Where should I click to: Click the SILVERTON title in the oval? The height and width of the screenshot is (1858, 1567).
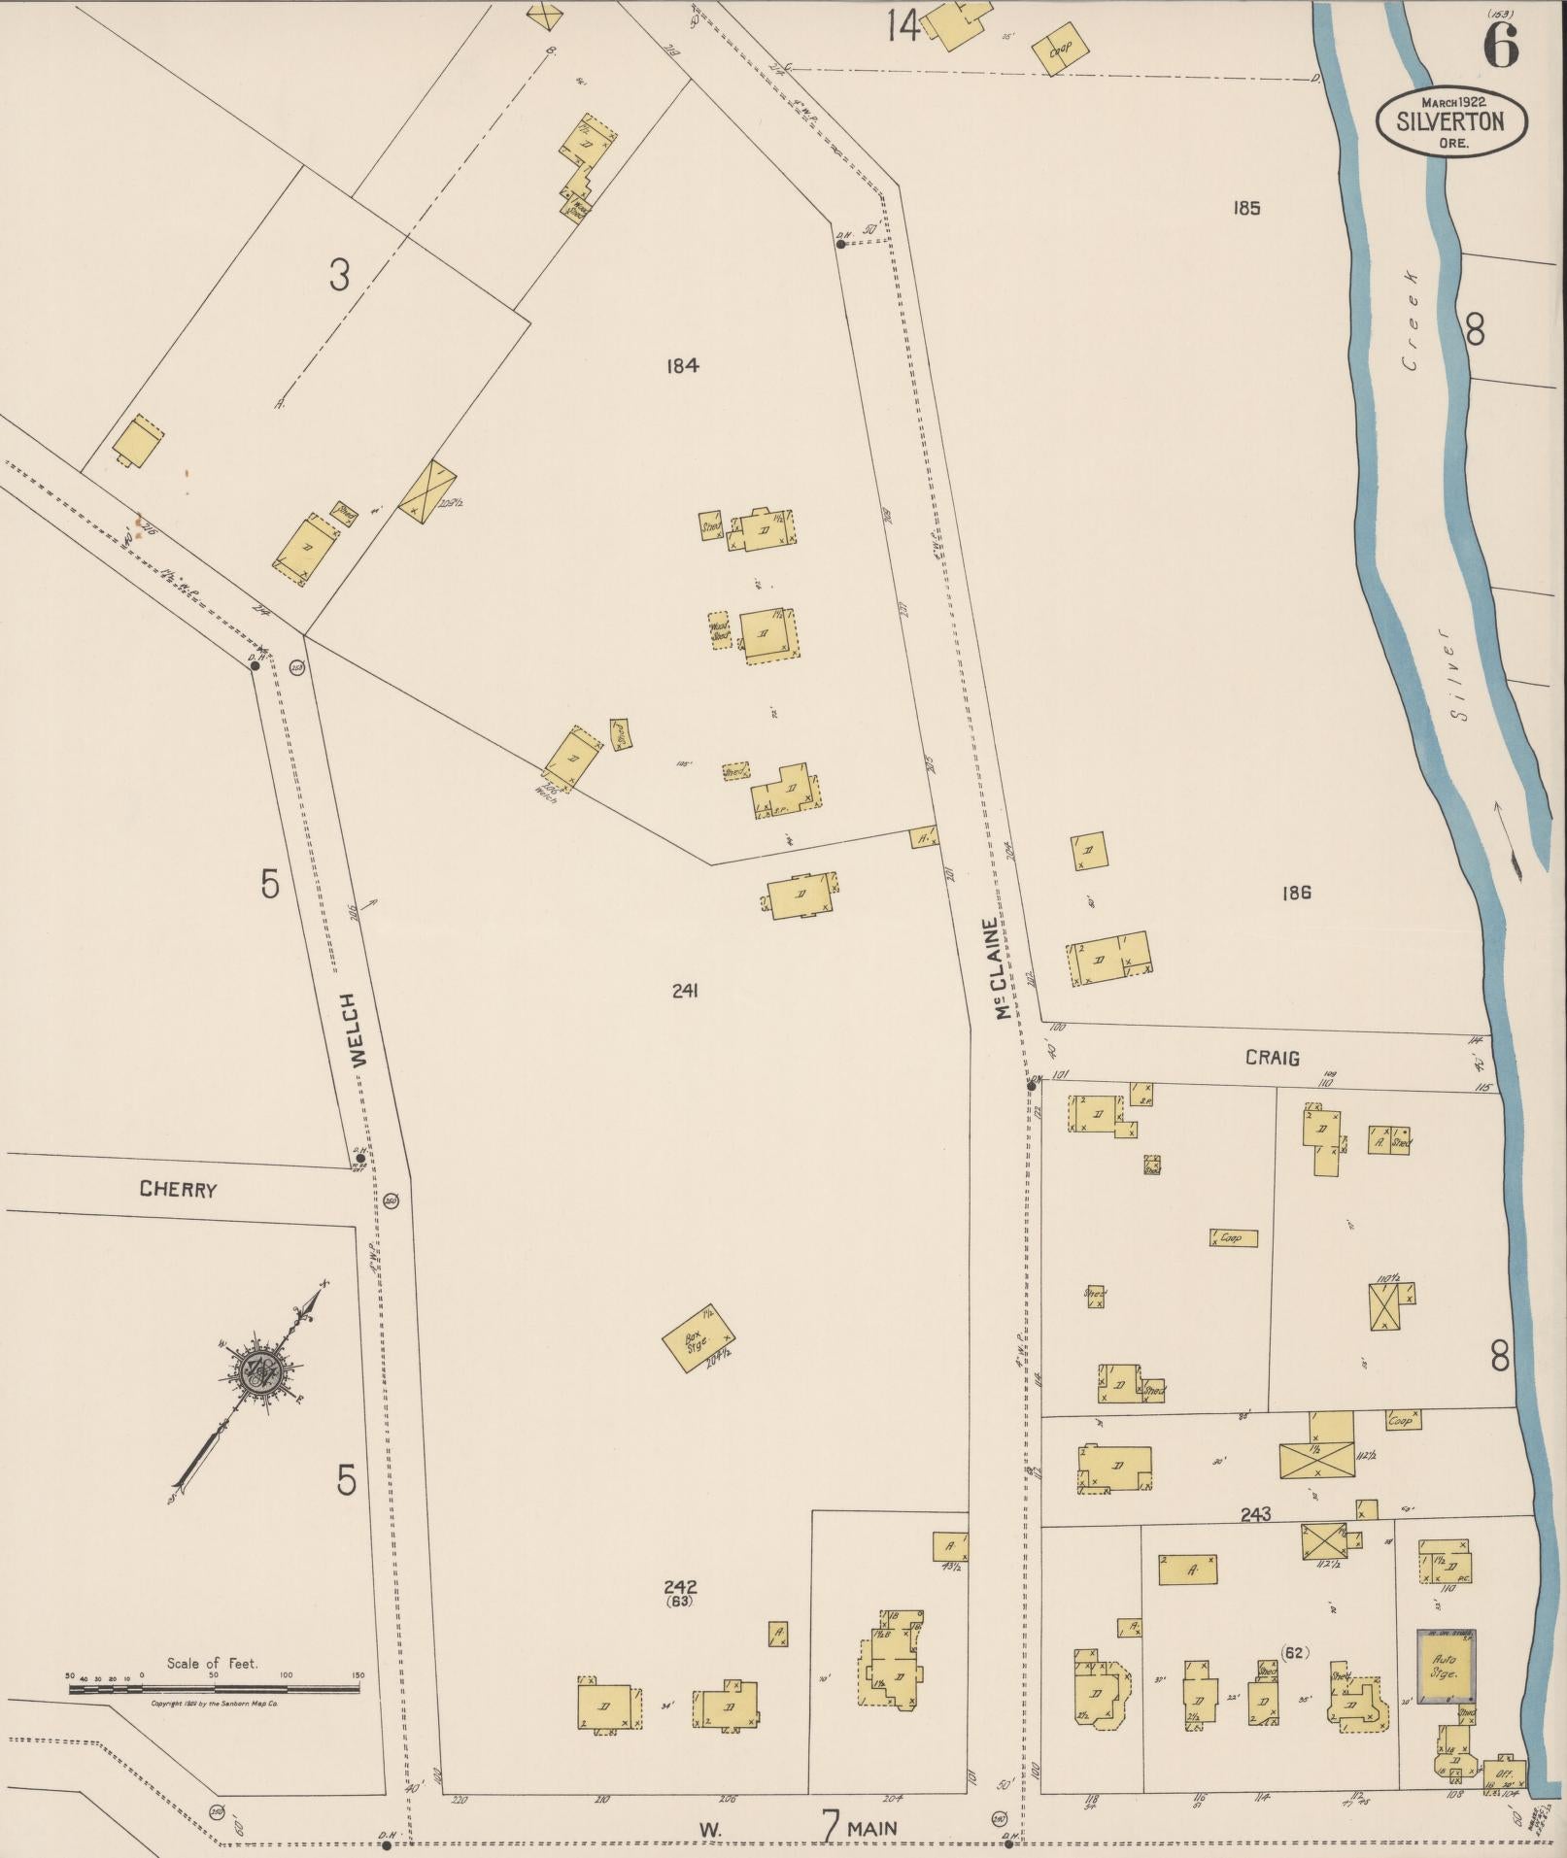point(1450,122)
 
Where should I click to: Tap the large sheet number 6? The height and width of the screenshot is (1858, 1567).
point(1500,46)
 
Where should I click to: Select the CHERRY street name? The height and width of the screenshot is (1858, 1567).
point(178,1189)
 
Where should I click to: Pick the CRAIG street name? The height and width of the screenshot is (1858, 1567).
point(1273,1058)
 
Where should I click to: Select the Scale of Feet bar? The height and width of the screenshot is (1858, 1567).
point(214,1689)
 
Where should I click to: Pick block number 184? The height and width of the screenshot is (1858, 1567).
point(683,365)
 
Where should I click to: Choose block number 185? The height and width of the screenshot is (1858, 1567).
point(1245,207)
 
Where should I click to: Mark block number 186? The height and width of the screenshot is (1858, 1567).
point(1296,892)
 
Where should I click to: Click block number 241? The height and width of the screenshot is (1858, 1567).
point(685,991)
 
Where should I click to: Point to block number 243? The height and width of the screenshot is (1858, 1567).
point(1255,1514)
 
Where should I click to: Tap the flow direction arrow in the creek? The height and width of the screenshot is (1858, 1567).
point(1505,836)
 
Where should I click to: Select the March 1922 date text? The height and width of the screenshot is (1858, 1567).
point(1458,101)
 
